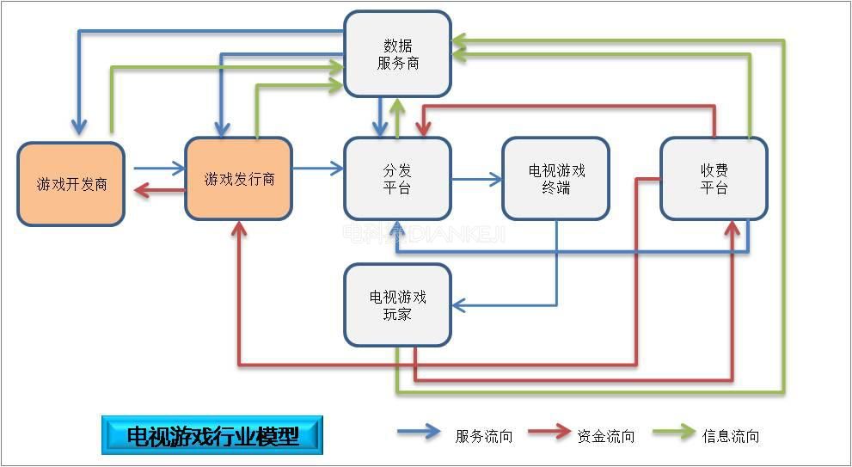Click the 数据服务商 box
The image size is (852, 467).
pos(397,53)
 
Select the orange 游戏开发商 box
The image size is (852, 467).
pos(71,184)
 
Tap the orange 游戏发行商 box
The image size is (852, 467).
pos(239,179)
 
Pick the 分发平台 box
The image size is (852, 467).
pos(397,179)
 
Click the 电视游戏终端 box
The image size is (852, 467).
pos(556,179)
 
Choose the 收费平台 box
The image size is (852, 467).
pos(714,179)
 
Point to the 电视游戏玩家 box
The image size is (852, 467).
pos(397,305)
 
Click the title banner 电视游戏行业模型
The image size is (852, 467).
pos(212,436)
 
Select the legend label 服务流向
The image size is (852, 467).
pos(483,436)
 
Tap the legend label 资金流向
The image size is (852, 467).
pos(606,436)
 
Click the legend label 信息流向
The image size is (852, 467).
pos(731,436)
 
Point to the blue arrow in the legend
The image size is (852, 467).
pos(419,432)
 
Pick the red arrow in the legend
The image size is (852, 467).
pos(549,432)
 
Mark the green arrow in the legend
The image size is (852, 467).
pos(673,432)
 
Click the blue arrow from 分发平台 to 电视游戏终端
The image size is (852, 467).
pos(477,180)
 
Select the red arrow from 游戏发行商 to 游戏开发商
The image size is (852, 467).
pos(159,191)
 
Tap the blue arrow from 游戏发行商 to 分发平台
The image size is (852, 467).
pos(317,169)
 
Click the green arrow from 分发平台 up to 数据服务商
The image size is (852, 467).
pos(397,117)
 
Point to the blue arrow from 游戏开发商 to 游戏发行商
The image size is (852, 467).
pos(159,169)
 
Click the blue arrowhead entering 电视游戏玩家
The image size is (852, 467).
pos(459,304)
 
